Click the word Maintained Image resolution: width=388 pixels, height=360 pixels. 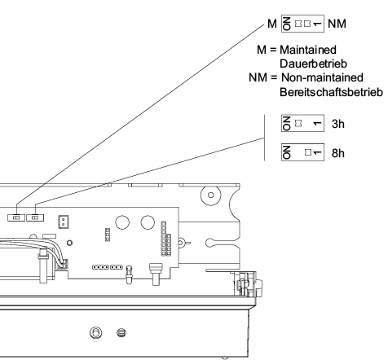point(308,50)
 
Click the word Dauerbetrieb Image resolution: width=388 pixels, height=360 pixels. point(313,64)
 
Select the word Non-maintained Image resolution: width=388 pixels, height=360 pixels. point(322,77)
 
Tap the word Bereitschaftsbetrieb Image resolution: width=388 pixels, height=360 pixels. point(331,92)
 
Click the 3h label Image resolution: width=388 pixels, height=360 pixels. point(338,124)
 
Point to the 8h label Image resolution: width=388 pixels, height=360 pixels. point(338,153)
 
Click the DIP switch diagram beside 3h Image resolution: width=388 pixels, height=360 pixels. point(302,123)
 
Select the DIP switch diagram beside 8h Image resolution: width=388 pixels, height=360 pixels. point(302,152)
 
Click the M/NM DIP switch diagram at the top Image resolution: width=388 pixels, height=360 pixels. point(302,24)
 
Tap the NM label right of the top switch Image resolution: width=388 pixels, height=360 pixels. point(337,24)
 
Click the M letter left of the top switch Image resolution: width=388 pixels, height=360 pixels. point(272,24)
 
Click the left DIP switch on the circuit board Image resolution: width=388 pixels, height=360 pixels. point(16,217)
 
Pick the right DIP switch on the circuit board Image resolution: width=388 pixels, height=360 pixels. point(35,217)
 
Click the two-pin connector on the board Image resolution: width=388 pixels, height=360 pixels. point(64,222)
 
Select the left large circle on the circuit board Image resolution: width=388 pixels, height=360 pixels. point(122,222)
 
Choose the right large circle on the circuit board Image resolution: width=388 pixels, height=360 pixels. point(148,222)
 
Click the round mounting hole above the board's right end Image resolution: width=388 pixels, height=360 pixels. point(211,195)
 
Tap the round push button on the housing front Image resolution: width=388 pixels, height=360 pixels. point(95,332)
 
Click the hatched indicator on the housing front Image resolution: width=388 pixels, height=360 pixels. point(121,332)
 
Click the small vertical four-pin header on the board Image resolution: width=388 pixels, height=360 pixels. point(108,235)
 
